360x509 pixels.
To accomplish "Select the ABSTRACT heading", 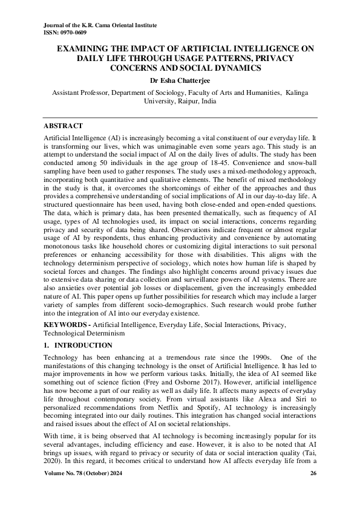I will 63,126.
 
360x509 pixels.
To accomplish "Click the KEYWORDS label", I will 65,325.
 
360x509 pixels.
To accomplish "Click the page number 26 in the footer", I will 313,489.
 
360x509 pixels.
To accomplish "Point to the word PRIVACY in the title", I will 272,58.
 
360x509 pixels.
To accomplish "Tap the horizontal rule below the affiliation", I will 180,116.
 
